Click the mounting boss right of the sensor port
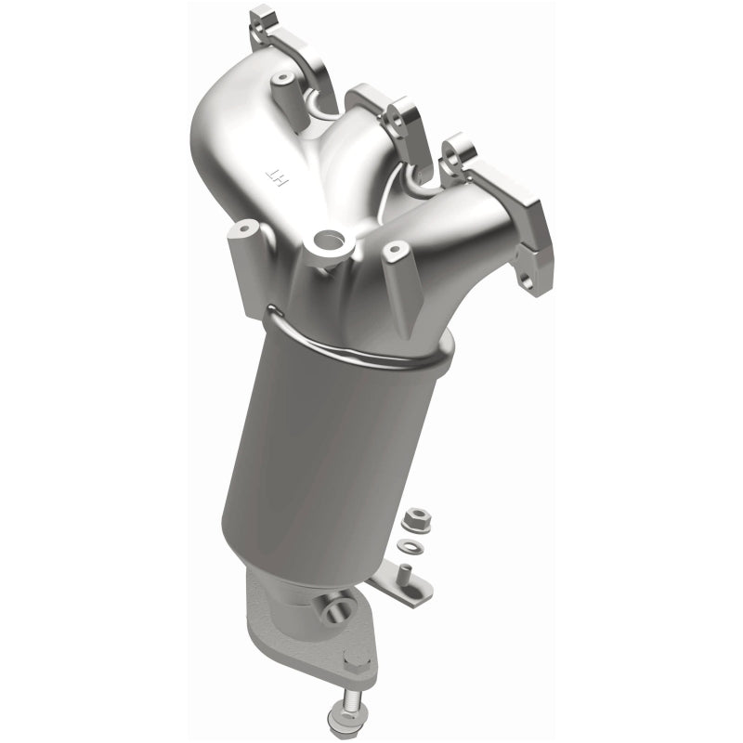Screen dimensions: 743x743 point(394,251)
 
